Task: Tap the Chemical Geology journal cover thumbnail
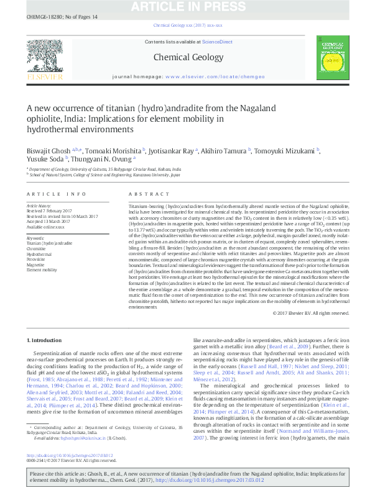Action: click(330, 60)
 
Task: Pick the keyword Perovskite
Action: click(37, 258)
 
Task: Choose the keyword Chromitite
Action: click(37, 248)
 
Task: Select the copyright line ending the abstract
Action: click(311, 313)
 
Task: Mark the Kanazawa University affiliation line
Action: click(105, 175)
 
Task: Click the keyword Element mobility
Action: click(41, 269)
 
